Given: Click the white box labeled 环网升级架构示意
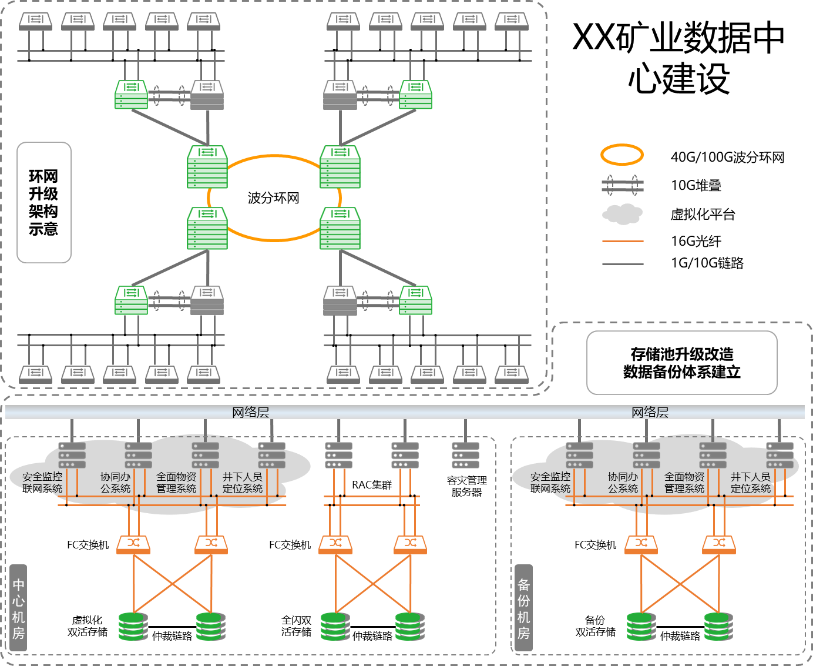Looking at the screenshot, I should point(44,202).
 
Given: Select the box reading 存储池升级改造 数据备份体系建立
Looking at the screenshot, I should point(681,363).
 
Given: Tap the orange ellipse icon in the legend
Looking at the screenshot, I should point(622,155).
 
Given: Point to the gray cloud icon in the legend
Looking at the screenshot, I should point(623,214).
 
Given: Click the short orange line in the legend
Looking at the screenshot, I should point(623,242).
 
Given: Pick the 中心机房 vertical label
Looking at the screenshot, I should point(18,608).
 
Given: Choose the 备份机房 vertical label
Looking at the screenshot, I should point(523,608).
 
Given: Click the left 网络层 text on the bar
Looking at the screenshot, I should point(250,413).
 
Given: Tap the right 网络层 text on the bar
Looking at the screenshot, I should point(650,413).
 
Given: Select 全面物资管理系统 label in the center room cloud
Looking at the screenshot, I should point(176,483).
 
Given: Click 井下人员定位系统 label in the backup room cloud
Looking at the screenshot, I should point(750,483).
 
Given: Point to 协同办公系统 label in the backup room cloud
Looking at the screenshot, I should point(623,483).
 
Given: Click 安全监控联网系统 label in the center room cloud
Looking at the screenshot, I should point(42,483).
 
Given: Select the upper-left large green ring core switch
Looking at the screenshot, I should point(207,167).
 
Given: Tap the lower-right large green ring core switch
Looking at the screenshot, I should point(340,228).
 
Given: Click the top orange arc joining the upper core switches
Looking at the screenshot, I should point(274,156).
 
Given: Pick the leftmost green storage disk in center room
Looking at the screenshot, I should point(133,627).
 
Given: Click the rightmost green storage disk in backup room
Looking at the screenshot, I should point(718,627).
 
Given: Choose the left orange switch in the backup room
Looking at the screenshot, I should point(641,545).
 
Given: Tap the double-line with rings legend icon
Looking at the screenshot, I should point(623,185).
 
